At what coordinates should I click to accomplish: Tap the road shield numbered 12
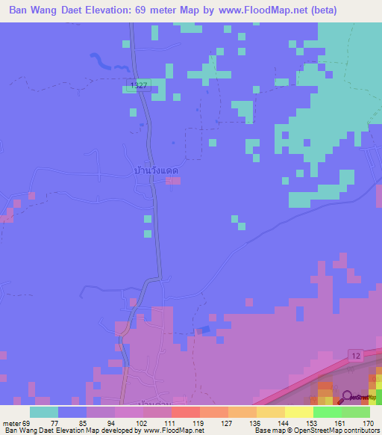[357, 354]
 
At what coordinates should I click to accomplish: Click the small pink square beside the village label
[173, 180]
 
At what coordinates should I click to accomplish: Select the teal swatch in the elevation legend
[44, 412]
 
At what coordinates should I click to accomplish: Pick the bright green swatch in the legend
[327, 412]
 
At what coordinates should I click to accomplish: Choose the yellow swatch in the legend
[298, 412]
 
